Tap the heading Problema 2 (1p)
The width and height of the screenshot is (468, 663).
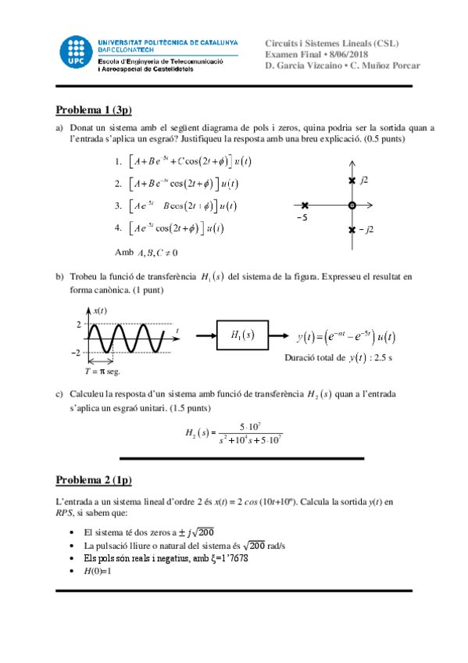pyautogui.click(x=95, y=479)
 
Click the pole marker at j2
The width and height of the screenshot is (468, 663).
pyautogui.click(x=352, y=181)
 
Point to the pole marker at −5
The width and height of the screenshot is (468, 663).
pyautogui.click(x=305, y=205)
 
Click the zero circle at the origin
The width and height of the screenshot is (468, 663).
pyautogui.click(x=352, y=205)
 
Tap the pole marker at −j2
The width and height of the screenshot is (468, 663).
pyautogui.click(x=352, y=230)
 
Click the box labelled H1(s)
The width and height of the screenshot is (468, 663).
pyautogui.click(x=243, y=335)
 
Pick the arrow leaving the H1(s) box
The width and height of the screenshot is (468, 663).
pyautogui.click(x=280, y=335)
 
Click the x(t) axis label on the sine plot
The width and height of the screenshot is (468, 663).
pyautogui.click(x=101, y=310)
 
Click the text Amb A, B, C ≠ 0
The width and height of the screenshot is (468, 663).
pyautogui.click(x=146, y=252)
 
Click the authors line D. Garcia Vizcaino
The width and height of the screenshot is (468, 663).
pyautogui.click(x=342, y=65)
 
